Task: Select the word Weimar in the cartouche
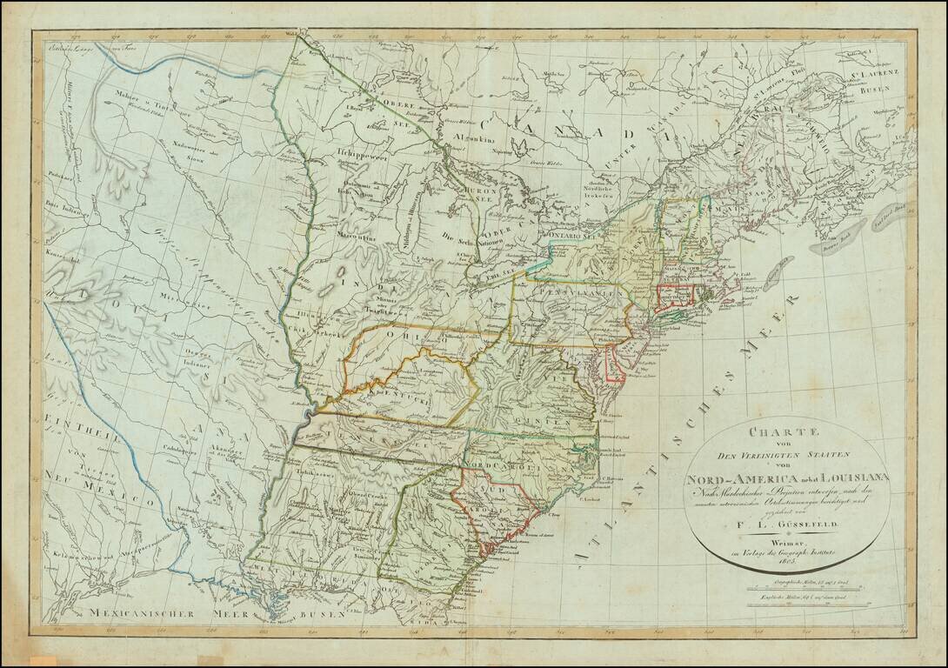tap(787, 539)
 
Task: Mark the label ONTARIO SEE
tap(571, 236)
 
